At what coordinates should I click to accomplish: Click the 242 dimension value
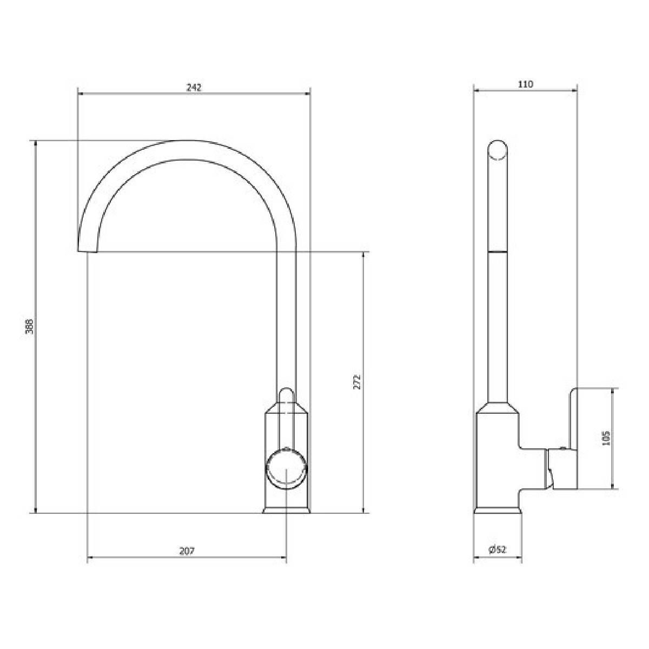[194, 88]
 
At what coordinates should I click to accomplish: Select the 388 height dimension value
[30, 326]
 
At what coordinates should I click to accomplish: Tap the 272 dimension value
[357, 382]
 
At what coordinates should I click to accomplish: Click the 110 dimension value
[526, 84]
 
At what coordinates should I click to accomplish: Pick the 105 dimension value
[606, 438]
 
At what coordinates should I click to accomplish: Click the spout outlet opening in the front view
[88, 251]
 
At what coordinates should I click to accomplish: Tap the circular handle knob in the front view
[286, 469]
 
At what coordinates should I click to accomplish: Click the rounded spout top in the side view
[498, 150]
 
